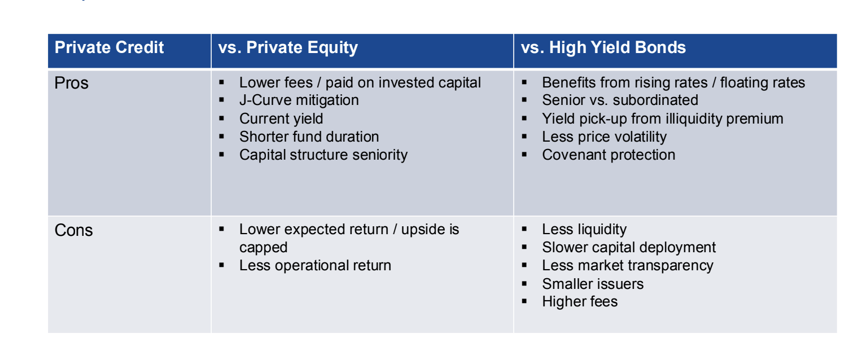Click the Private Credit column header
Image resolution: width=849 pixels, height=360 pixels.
[x=109, y=47]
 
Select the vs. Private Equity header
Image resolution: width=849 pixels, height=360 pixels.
[x=288, y=47]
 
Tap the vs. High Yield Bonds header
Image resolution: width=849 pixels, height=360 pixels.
[x=603, y=47]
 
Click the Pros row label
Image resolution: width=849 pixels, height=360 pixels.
[x=72, y=84]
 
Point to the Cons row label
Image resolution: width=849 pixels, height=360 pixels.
[x=73, y=230]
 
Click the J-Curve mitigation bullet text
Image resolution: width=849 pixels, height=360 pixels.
[x=299, y=100]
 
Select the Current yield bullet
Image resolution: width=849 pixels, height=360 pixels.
[x=281, y=118]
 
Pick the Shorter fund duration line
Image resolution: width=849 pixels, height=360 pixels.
[x=309, y=137]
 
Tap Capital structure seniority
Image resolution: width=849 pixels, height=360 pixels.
[x=323, y=155]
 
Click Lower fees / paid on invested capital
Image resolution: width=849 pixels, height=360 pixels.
[x=360, y=82]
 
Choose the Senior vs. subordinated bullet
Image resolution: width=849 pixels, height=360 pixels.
[x=620, y=100]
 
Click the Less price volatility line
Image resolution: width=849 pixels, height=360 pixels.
[x=604, y=137]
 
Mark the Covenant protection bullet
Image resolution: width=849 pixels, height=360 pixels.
[x=609, y=155]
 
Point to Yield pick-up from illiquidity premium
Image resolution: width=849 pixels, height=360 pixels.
[x=662, y=118]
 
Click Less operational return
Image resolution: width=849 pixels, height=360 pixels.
[x=315, y=265]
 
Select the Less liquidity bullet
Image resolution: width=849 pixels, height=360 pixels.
[x=584, y=229]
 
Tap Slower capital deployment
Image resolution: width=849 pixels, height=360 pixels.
[x=628, y=247]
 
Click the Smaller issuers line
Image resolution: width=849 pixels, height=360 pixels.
[x=593, y=283]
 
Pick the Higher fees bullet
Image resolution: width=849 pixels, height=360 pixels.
[x=580, y=301]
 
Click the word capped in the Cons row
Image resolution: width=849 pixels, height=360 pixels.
[x=263, y=247]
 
